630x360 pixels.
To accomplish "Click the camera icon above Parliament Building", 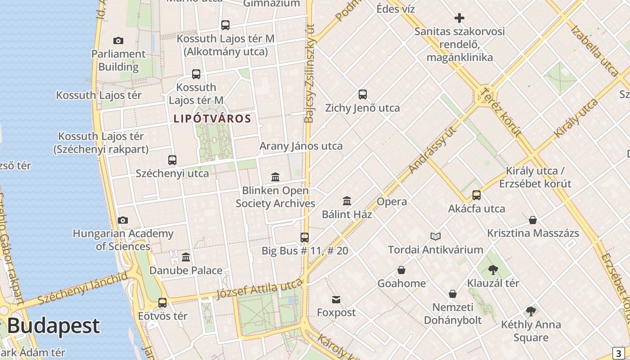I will point(118,41).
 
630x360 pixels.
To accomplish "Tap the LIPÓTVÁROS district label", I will point(212,119).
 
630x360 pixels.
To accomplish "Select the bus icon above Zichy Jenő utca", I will point(363,94).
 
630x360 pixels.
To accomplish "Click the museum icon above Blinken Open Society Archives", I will point(275,177).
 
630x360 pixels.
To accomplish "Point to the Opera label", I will point(392,202).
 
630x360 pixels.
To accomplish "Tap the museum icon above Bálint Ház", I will point(347,201).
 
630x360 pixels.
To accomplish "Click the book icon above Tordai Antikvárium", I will point(436,236).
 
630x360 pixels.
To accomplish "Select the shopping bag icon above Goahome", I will point(401,270).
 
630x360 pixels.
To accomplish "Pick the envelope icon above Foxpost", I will point(336,300).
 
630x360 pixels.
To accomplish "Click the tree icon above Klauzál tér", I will point(493,270).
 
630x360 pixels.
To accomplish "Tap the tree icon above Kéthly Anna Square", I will point(531,311).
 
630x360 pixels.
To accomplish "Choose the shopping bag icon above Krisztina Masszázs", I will point(533,220).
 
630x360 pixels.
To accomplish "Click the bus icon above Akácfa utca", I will point(477,195).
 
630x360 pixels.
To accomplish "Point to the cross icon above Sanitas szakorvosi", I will point(459,18).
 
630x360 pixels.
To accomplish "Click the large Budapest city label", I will point(53,326).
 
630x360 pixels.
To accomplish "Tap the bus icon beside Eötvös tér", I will point(162,303).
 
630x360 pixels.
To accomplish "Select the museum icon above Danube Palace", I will point(186,257).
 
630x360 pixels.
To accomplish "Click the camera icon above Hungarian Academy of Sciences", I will point(123,220).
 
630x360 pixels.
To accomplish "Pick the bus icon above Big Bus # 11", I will point(305,237).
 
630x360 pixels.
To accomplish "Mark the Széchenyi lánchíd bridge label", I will point(83,288).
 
